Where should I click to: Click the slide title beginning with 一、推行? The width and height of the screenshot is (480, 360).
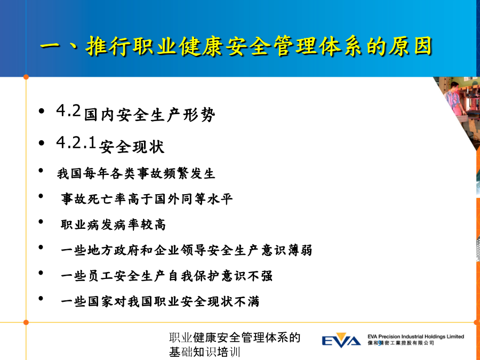236,46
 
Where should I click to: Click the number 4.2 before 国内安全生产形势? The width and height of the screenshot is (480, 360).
68,110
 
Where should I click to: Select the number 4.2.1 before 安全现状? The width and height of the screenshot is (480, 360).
76,142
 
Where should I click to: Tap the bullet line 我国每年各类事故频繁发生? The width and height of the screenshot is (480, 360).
136,173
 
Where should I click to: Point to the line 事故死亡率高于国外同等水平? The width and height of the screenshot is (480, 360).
147,199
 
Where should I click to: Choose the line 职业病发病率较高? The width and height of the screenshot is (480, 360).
113,225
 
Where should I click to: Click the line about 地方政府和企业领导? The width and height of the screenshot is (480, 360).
187,250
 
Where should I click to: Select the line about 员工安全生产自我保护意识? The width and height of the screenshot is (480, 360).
166,276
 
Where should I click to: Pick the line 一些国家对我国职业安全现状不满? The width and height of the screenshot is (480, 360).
160,301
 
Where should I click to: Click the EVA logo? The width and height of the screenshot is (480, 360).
341,340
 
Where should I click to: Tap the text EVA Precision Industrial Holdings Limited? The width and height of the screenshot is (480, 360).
415,337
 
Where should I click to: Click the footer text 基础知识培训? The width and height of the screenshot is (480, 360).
204,352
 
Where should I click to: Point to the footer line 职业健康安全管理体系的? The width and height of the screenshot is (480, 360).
235,338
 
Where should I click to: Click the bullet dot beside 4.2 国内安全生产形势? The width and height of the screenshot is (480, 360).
42,111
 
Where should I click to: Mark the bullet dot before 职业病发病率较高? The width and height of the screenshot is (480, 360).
41,222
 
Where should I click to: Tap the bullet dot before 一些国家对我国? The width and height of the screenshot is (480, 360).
41,299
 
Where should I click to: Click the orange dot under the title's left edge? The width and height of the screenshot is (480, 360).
26,77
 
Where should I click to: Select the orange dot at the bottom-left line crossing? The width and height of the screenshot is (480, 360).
26,322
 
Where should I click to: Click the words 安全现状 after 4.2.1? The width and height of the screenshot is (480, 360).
132,147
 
